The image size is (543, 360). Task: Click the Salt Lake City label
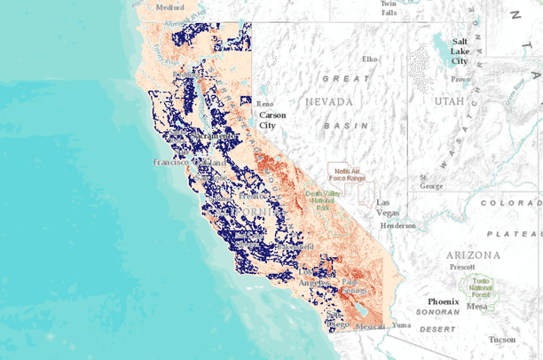460,51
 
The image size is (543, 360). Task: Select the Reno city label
264,103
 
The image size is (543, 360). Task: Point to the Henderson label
397,225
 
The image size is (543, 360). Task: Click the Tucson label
501,340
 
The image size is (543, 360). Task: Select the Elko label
369,59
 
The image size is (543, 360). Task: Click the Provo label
460,79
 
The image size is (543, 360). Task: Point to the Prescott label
462,266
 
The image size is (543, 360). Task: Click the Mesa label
477,307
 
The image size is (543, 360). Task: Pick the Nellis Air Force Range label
350,174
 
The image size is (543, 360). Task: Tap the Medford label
169,6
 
